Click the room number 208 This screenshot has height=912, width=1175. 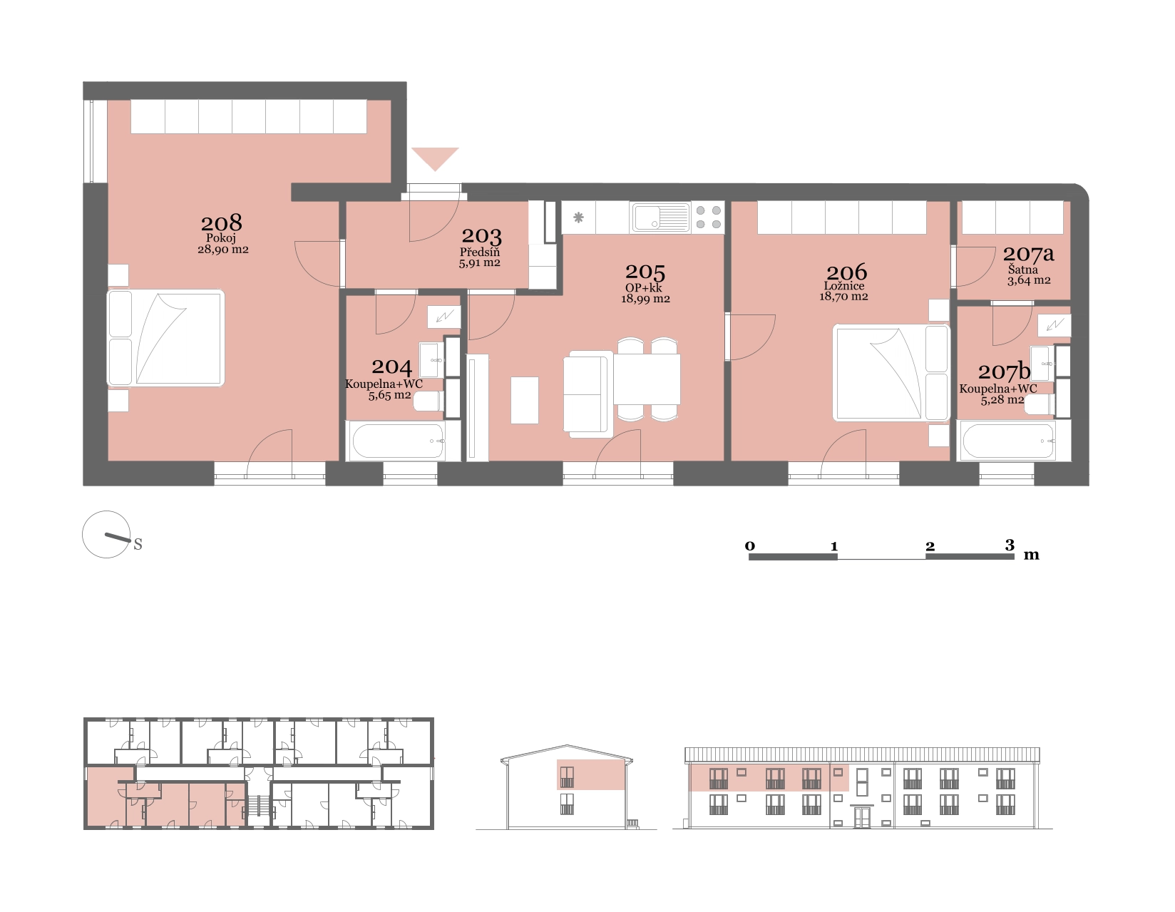point(221,222)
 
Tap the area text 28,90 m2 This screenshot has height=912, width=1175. point(222,250)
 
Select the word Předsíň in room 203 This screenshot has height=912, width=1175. point(480,252)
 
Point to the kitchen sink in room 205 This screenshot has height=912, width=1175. point(660,218)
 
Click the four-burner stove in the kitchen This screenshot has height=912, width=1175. point(709,217)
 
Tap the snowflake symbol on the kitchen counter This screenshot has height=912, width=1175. point(578,218)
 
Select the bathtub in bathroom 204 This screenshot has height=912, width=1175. point(398,441)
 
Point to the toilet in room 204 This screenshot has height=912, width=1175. point(429,401)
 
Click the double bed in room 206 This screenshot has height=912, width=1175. point(891,372)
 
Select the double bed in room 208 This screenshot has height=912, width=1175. point(165,339)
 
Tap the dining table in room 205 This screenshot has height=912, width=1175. point(647,379)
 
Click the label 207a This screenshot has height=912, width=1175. point(1028,254)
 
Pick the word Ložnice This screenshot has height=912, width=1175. point(844,286)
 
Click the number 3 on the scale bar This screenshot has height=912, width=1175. point(1009,545)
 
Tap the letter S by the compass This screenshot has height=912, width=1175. point(138,544)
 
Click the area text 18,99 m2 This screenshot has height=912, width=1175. point(645,299)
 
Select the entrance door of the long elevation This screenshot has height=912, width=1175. point(862,816)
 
